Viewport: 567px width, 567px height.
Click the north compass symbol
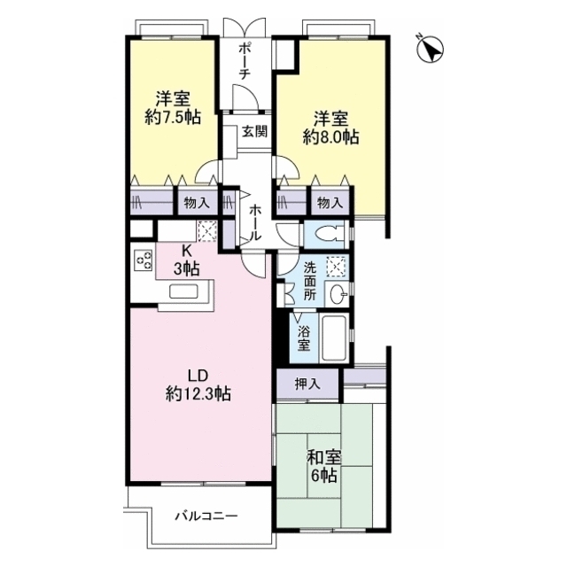click(x=431, y=49)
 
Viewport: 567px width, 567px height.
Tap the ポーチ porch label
click(x=245, y=61)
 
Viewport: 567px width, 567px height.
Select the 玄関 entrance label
click(x=254, y=132)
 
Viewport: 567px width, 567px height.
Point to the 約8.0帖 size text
click(x=330, y=137)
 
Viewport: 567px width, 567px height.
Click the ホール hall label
click(x=255, y=222)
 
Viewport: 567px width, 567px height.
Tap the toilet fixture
click(x=329, y=233)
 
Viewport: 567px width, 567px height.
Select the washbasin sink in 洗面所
click(x=338, y=294)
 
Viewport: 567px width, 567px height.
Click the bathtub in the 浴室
click(x=335, y=338)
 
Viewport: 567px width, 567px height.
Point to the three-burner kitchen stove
click(x=144, y=260)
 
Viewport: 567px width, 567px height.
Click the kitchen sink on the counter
click(x=183, y=291)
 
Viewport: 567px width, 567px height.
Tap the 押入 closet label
click(x=307, y=384)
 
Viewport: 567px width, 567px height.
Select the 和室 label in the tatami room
click(x=324, y=458)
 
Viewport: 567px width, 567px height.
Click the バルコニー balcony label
click(x=206, y=516)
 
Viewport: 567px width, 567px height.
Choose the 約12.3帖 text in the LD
click(x=198, y=393)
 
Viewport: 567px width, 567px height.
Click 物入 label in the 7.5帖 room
click(x=197, y=203)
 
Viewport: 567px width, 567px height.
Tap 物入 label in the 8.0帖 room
click(x=330, y=203)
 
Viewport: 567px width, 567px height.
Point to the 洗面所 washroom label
click(x=309, y=281)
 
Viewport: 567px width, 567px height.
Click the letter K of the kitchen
click(x=186, y=250)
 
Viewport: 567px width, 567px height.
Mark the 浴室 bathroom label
click(x=304, y=338)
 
